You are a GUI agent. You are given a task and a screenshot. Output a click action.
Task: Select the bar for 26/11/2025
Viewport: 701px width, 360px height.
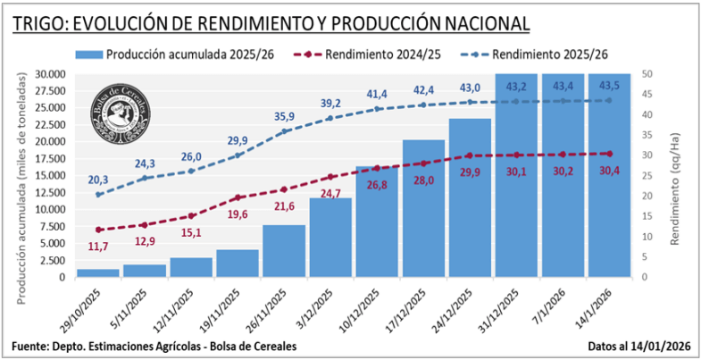(284, 251)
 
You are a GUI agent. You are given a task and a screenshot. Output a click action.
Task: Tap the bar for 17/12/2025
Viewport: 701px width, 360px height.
(423, 208)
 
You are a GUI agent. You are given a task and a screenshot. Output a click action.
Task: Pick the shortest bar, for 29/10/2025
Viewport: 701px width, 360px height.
(98, 272)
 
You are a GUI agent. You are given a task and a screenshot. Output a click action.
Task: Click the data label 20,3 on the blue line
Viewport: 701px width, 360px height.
(98, 179)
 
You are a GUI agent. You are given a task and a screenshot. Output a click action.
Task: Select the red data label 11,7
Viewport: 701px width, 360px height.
(98, 246)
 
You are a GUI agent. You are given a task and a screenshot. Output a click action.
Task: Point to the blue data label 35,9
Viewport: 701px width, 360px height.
(284, 116)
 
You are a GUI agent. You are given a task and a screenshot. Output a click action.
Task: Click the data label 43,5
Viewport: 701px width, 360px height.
(609, 86)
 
